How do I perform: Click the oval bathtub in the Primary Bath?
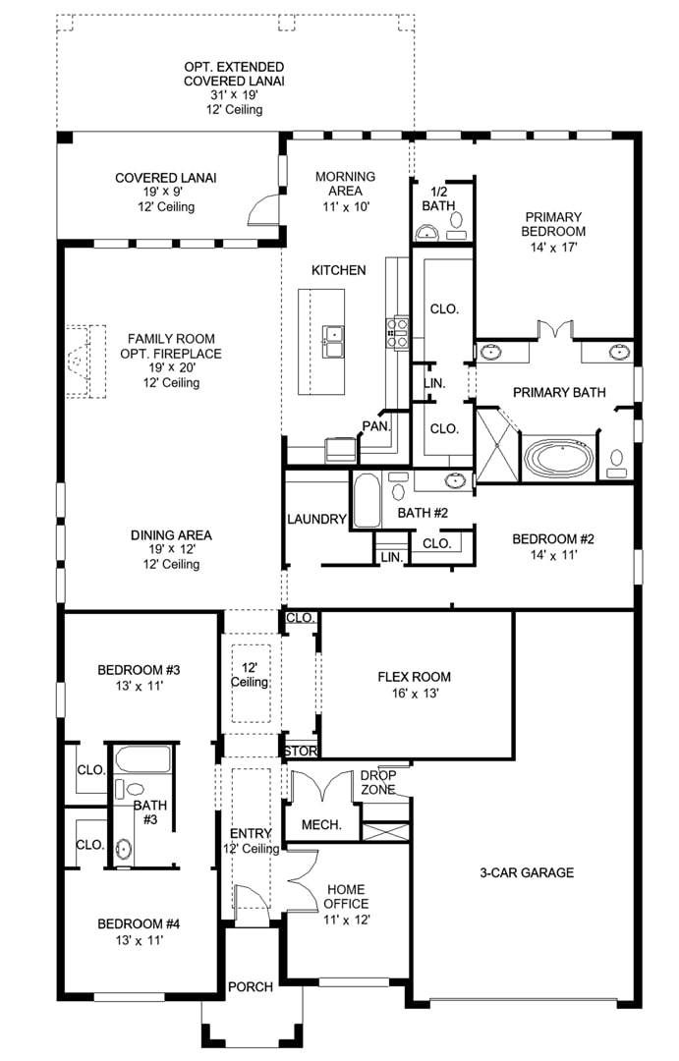click(558, 458)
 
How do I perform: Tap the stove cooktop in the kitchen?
click(397, 334)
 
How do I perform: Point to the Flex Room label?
click(414, 677)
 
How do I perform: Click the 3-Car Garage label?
click(527, 873)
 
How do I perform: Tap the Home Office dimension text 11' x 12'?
click(347, 920)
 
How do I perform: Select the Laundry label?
click(316, 519)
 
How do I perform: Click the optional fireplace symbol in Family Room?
click(85, 361)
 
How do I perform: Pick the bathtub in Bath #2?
click(367, 500)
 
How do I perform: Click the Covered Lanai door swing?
click(263, 210)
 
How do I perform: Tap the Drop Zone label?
click(378, 782)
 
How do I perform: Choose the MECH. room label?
click(321, 825)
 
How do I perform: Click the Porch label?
click(251, 987)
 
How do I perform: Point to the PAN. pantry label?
click(376, 426)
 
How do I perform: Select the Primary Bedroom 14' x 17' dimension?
click(553, 248)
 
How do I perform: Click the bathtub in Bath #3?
click(142, 758)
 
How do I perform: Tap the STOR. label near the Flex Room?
click(301, 752)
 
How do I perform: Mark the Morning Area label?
click(345, 184)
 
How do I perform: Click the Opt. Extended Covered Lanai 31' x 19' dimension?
click(234, 95)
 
